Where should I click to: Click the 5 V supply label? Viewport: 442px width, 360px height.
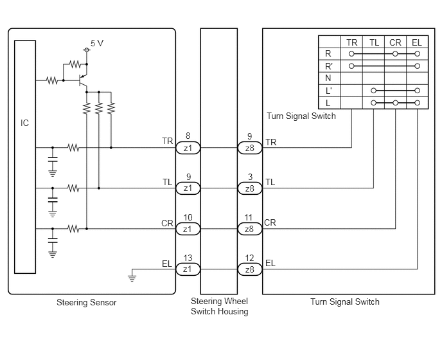97,43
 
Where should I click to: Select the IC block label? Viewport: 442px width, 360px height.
24,123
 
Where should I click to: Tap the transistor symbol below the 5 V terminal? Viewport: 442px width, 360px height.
83,80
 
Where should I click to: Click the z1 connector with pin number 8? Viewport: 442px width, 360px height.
188,148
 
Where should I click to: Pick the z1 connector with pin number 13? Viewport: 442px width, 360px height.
188,269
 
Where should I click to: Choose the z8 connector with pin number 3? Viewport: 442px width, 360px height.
250,188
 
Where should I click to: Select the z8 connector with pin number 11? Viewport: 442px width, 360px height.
250,229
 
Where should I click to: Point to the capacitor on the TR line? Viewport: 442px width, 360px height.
53,159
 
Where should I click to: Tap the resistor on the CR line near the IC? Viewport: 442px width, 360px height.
74,228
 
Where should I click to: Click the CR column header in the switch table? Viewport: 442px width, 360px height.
395,42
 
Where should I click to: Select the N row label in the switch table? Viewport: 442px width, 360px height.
328,78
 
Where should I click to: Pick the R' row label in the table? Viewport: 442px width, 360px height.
329,66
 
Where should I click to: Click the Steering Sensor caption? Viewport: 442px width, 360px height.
87,302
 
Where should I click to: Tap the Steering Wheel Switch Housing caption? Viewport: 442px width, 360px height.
220,306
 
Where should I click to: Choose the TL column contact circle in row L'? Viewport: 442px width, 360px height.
373,91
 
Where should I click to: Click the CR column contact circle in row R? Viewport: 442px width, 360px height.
395,53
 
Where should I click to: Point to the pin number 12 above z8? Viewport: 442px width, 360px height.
249,258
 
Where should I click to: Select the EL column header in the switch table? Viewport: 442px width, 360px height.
417,42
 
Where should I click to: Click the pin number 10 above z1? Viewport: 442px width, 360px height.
188,217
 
